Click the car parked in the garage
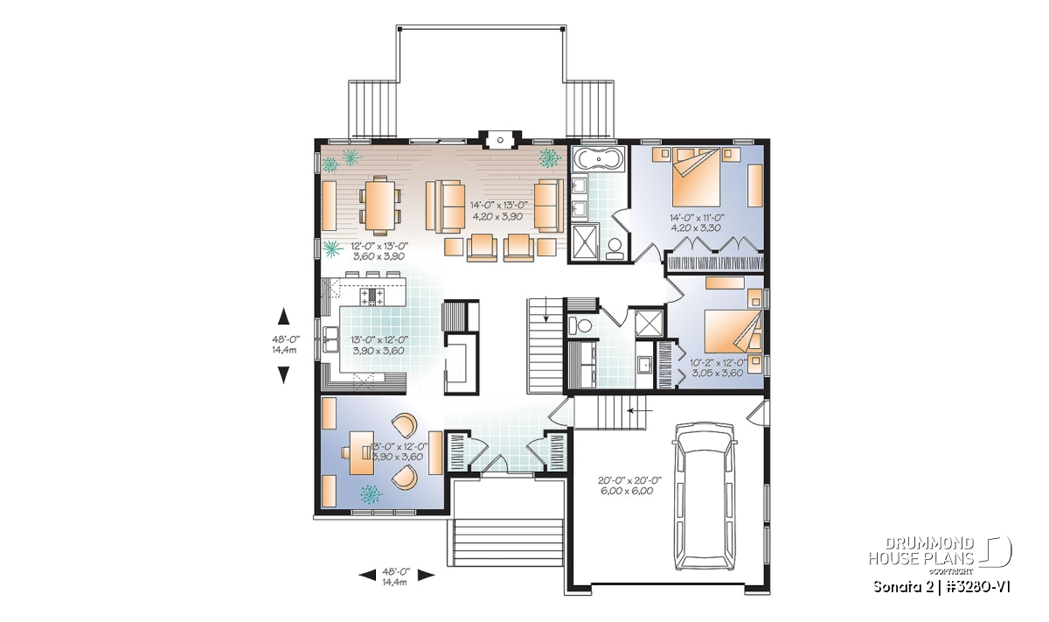(x=704, y=496)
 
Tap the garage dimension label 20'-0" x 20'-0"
(x=629, y=480)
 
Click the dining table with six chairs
(x=380, y=206)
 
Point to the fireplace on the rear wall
(x=500, y=140)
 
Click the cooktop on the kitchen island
(x=372, y=297)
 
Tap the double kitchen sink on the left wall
(x=331, y=339)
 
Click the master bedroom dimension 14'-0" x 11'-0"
(x=697, y=218)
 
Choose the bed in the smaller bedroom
(x=733, y=337)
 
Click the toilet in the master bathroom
(x=614, y=249)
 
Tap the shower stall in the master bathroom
(x=585, y=241)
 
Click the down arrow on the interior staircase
(x=545, y=311)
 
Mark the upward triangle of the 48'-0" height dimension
(x=283, y=316)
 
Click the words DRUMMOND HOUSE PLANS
(x=921, y=551)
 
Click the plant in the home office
(x=372, y=494)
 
